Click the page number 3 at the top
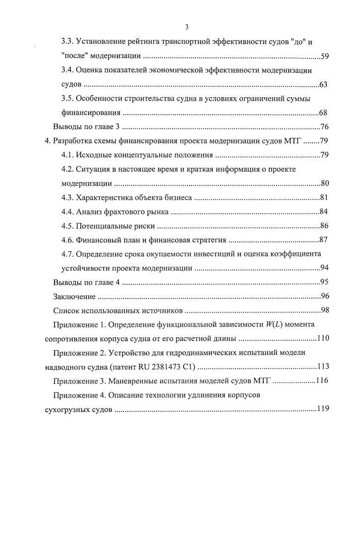pos(180,27)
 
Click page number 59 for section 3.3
pos(324,56)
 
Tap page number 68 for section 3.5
pos(323,113)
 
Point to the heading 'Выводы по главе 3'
pos(86,127)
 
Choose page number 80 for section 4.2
pos(324,184)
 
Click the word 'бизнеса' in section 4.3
pos(178,198)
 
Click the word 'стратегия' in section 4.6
pos(209,240)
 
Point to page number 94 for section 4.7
pos(324,268)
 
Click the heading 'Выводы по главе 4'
pos(86,282)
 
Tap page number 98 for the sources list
pos(324,310)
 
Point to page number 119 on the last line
pos(322,409)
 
